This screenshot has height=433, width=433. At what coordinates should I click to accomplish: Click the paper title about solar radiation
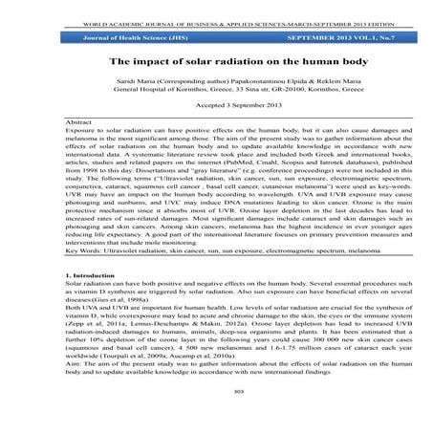[217, 61]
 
